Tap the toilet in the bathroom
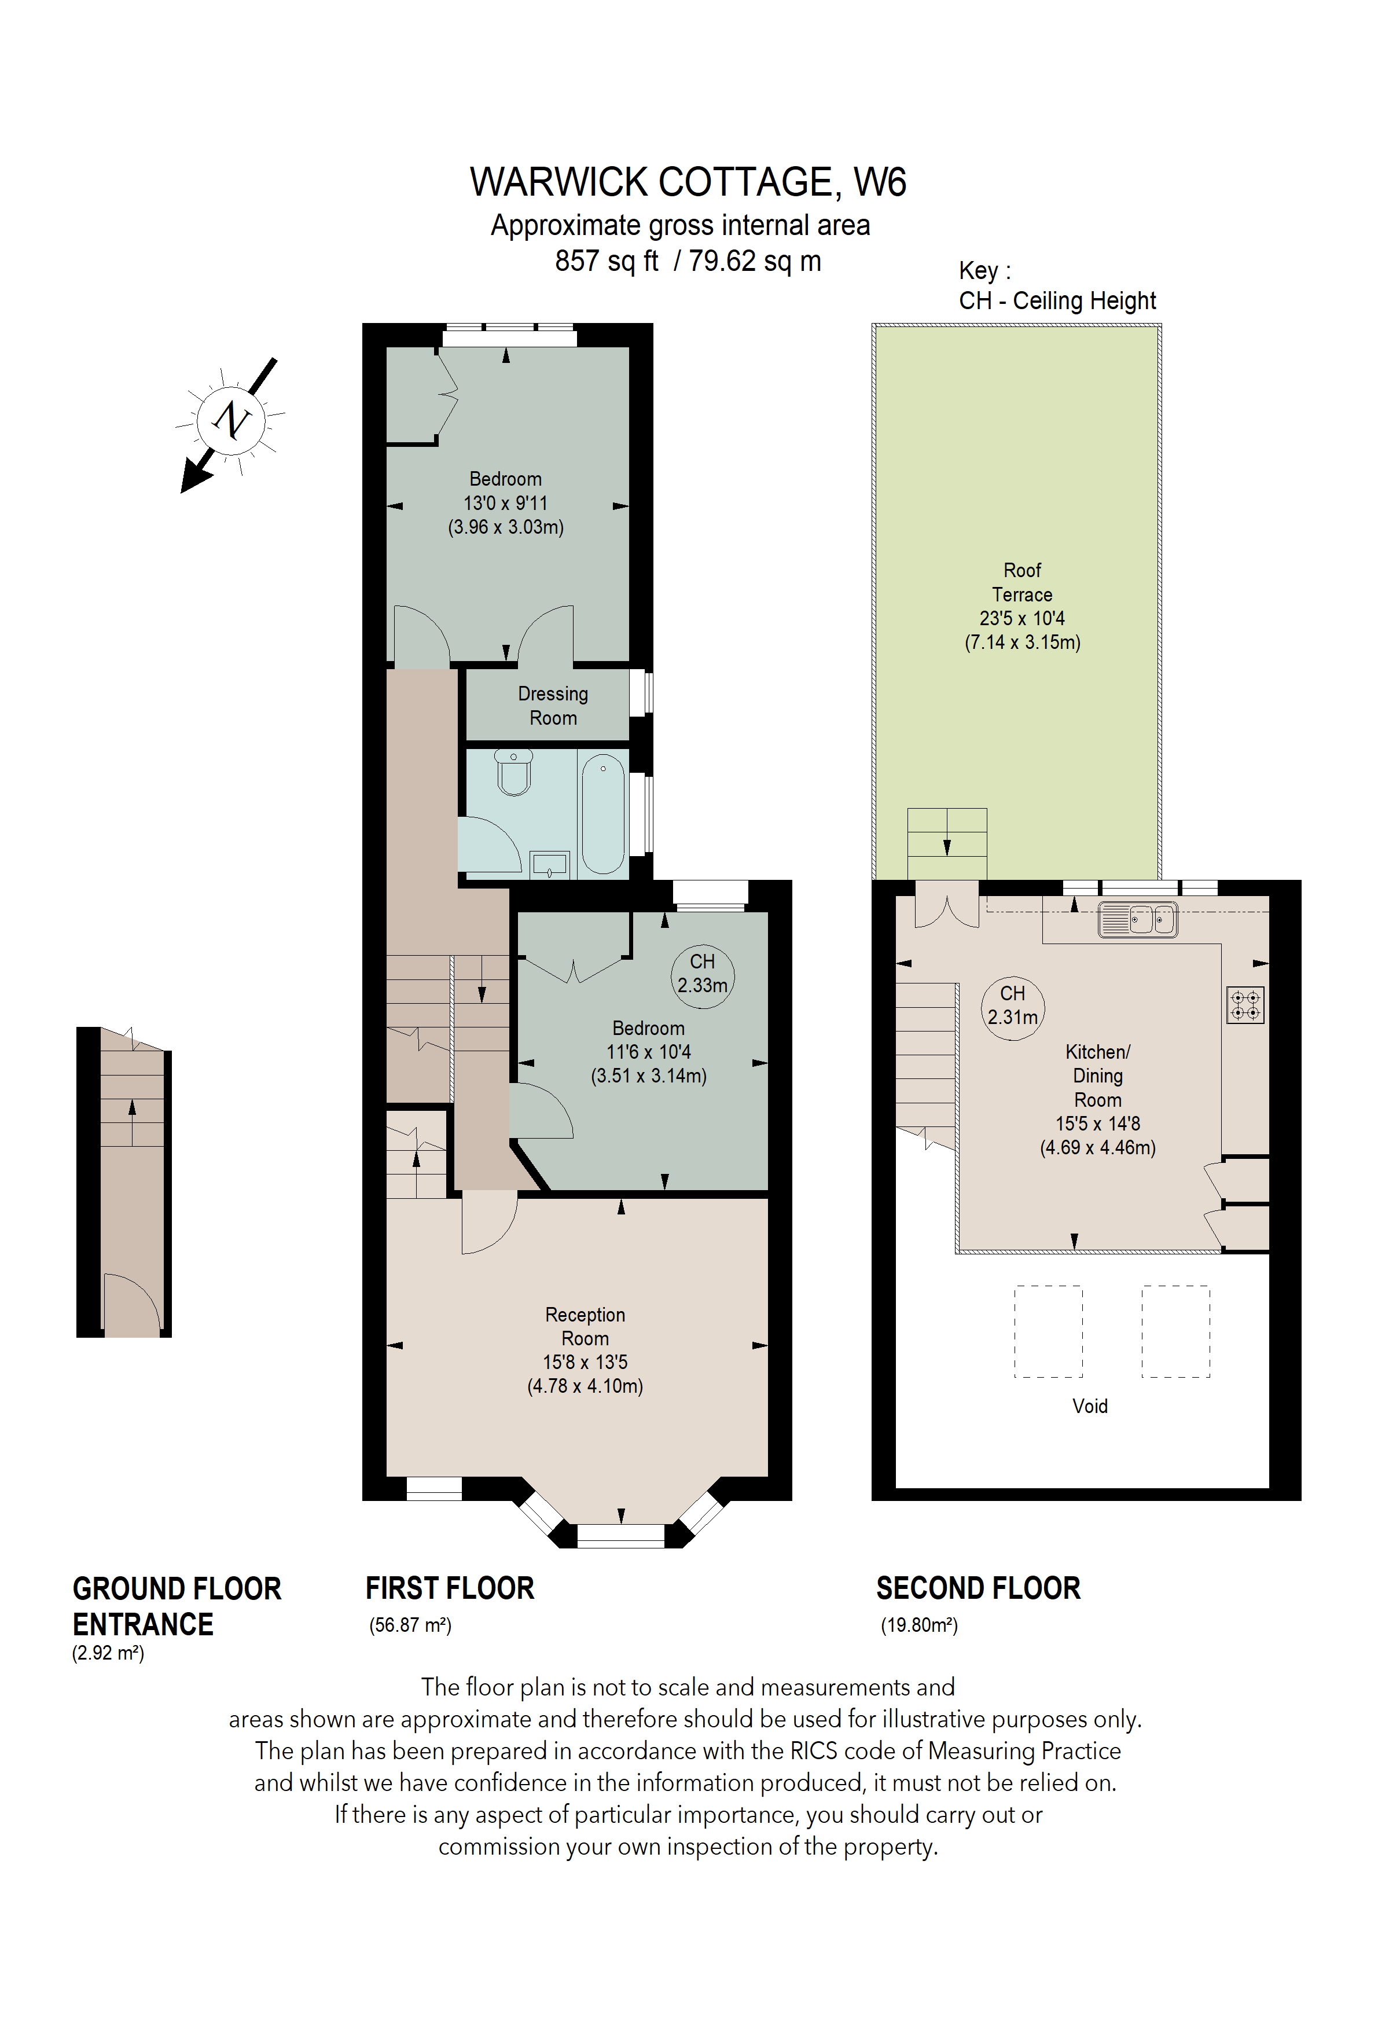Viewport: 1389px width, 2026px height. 514,772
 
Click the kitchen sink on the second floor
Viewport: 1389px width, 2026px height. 1138,919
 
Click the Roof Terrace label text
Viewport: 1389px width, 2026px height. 1021,582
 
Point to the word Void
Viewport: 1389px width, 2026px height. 1089,1405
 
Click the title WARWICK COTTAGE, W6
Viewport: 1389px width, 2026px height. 688,182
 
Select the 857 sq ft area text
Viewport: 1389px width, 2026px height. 607,260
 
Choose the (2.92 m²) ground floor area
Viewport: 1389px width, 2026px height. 108,1653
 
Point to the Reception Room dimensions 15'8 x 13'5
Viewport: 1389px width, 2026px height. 585,1361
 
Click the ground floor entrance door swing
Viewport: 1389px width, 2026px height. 131,1304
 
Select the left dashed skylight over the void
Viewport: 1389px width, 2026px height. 1048,1331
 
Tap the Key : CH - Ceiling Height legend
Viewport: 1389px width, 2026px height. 1056,286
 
